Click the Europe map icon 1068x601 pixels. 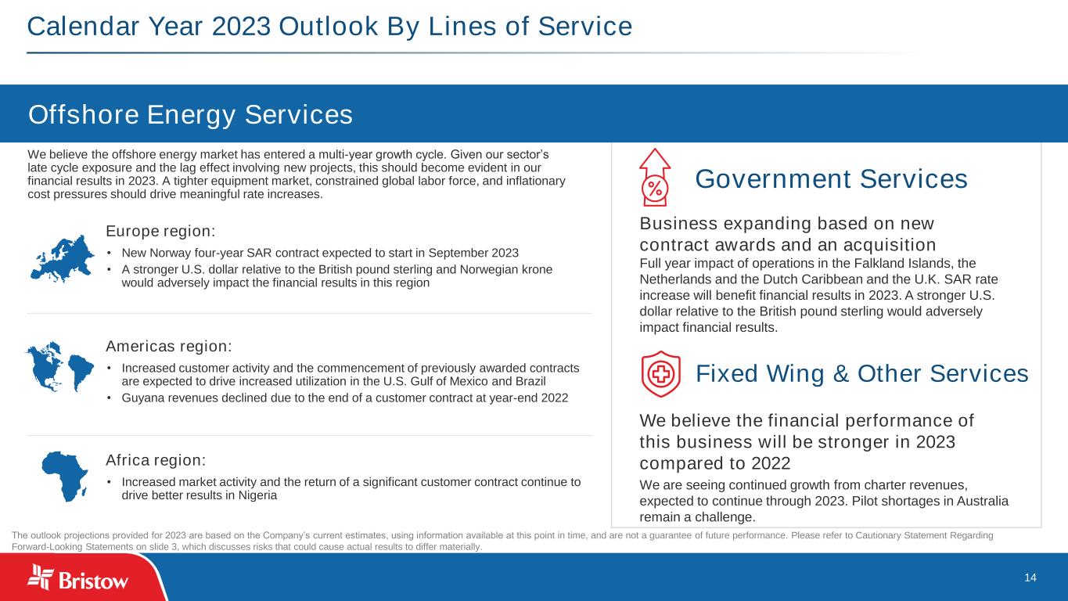(62, 251)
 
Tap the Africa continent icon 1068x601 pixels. (64, 475)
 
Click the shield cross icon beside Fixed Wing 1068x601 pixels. (660, 374)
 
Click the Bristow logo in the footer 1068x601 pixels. (78, 579)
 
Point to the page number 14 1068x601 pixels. (1030, 578)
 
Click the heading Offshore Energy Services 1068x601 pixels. (190, 115)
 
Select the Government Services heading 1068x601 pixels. (831, 179)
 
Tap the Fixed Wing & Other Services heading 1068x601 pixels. (861, 374)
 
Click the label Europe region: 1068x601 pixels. (160, 232)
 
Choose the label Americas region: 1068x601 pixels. (168, 346)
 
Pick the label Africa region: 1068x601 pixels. (156, 459)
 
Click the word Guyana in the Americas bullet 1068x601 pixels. (141, 398)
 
